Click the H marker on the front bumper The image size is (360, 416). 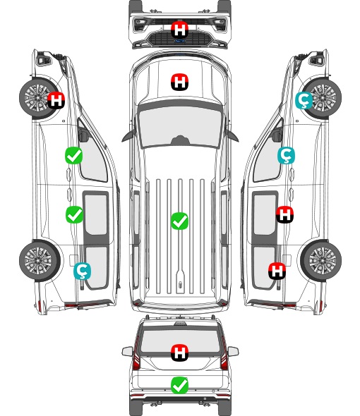179,30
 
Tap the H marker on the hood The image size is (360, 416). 179,82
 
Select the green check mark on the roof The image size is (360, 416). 179,221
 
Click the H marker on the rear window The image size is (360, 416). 179,353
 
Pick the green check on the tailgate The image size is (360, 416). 179,385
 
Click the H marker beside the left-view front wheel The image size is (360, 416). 56,100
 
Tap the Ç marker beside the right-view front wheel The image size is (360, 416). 304,100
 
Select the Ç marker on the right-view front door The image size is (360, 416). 286,155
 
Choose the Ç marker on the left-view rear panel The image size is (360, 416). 82,271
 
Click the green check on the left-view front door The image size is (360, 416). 74,155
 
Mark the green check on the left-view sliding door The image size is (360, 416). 74,214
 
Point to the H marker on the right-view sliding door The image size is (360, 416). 284,214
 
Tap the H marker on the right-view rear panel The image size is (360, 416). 277,271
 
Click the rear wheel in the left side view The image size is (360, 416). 40,260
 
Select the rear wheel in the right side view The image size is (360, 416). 321,260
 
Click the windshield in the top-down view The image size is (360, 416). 180,127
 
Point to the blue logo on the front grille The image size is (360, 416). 180,41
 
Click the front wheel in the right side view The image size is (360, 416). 321,97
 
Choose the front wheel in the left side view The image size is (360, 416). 40,97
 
